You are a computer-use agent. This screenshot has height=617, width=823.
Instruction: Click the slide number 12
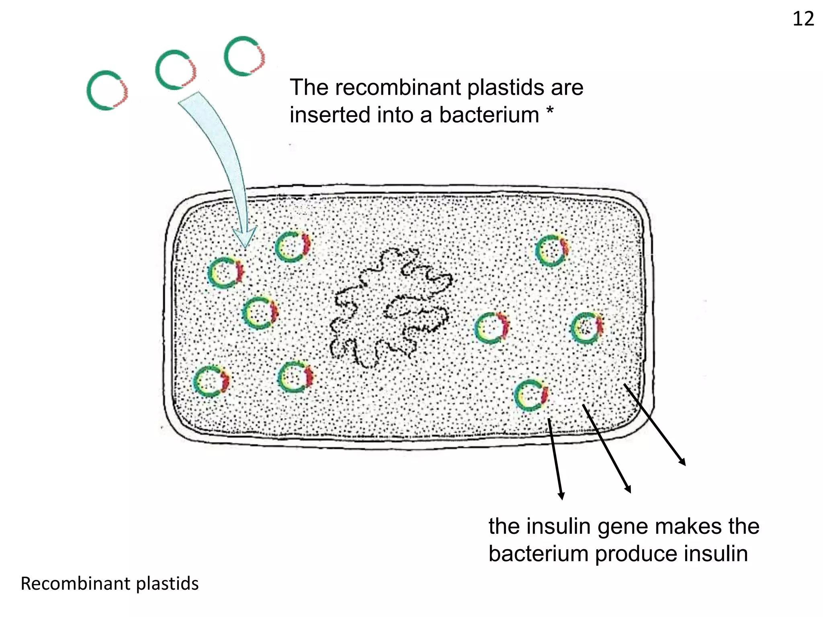803,19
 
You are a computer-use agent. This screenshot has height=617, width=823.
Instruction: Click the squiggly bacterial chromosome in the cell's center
390,307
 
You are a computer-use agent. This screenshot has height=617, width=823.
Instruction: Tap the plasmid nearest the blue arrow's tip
293,247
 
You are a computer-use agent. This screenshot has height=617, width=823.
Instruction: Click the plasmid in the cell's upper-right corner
552,251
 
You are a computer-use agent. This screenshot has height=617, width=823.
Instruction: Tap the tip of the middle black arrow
629,491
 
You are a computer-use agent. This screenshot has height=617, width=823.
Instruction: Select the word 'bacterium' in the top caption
489,115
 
